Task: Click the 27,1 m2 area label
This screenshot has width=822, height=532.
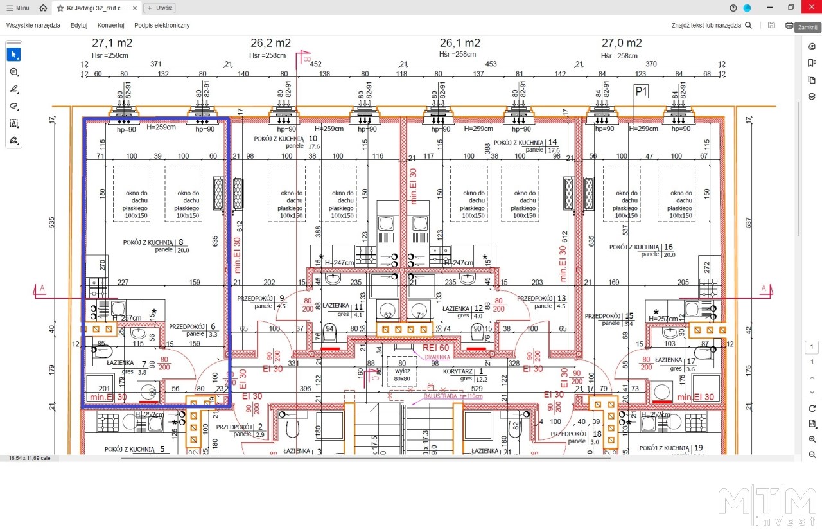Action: pos(112,43)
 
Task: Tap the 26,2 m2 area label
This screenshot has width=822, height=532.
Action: pos(270,43)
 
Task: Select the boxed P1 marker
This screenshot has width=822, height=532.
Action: pos(641,92)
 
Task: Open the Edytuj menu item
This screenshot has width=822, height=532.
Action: pos(79,25)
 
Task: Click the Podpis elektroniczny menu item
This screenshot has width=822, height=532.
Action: pos(162,25)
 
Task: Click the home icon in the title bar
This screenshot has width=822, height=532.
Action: pos(43,8)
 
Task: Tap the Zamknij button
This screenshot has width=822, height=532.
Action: pos(807,28)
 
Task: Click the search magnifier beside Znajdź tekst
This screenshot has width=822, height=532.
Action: pos(748,25)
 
